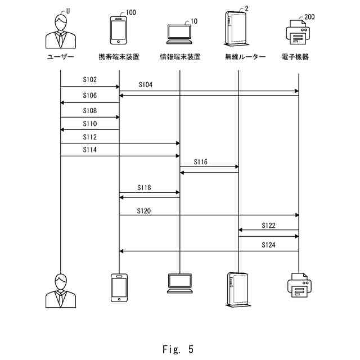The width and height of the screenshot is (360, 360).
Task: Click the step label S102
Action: click(90, 80)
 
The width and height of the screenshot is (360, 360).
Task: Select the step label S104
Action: click(145, 84)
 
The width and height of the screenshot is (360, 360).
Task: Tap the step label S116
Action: click(201, 161)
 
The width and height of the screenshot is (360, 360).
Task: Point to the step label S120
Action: click(144, 211)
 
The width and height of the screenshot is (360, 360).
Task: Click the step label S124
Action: click(269, 245)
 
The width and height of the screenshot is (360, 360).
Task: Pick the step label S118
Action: click(144, 187)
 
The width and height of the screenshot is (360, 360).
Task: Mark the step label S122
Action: click(269, 225)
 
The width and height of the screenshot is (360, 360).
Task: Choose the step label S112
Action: click(90, 137)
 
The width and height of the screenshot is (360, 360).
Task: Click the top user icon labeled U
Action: click(60, 31)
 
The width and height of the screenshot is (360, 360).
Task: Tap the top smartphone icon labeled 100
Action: click(118, 30)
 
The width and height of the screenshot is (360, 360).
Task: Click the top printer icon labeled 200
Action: click(298, 33)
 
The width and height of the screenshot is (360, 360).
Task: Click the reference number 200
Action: click(310, 17)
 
